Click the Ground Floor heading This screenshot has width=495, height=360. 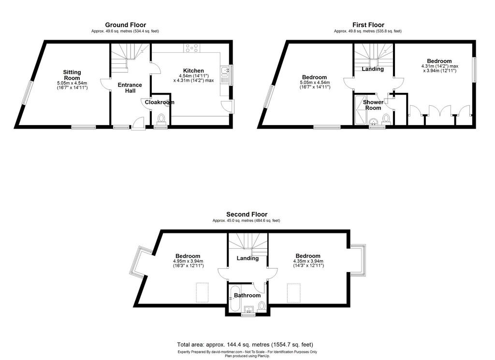[125, 25]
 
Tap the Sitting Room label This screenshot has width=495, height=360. [72, 75]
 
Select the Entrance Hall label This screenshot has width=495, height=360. [130, 88]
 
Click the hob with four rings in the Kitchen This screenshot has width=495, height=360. [192, 48]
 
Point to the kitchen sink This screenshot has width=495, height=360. [225, 72]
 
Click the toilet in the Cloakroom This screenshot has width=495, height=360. [161, 120]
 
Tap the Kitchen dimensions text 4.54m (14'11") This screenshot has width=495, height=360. [193, 76]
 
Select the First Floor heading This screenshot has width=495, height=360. [368, 25]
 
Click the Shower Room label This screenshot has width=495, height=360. [373, 105]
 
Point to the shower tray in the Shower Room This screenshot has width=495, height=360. [360, 110]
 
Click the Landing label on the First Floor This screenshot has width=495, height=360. [373, 69]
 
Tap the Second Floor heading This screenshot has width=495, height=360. [247, 215]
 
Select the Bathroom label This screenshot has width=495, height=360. [247, 295]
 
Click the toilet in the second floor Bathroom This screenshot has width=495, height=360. [262, 306]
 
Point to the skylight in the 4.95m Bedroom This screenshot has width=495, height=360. [202, 292]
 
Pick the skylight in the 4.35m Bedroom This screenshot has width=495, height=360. [293, 293]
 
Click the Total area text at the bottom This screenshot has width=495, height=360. [245, 345]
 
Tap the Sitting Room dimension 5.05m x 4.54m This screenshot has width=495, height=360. [72, 83]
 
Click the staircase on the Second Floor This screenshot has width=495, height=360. [248, 245]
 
